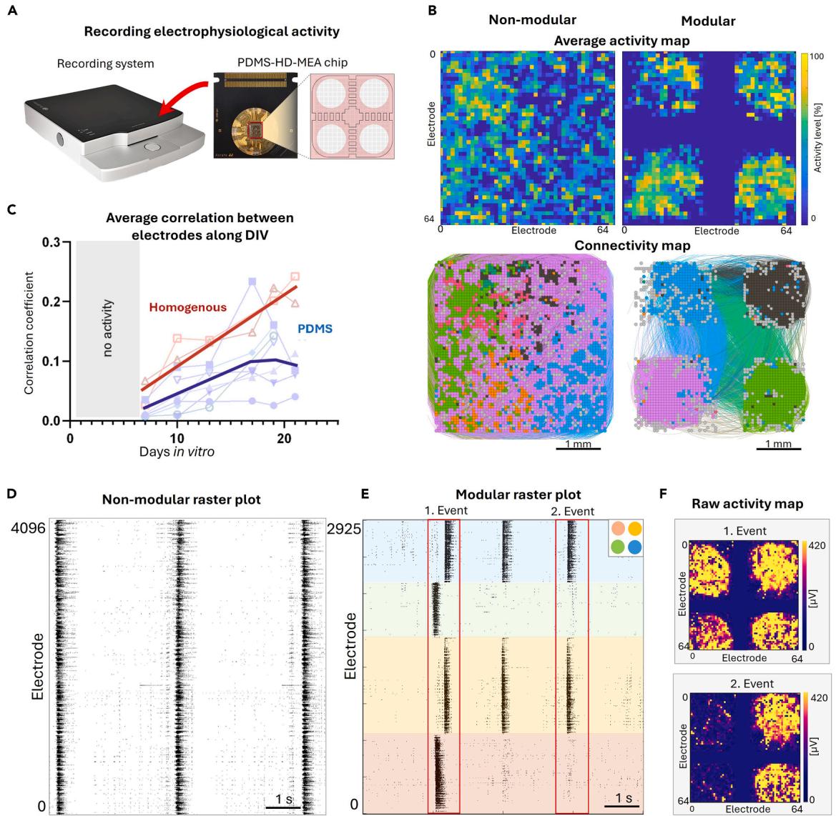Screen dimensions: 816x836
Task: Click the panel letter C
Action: point(10,211)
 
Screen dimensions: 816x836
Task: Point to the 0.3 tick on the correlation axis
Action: point(50,242)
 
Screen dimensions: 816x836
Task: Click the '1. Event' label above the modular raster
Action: point(443,512)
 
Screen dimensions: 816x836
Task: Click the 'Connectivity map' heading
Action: point(621,246)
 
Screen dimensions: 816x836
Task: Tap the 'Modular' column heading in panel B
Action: point(709,21)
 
